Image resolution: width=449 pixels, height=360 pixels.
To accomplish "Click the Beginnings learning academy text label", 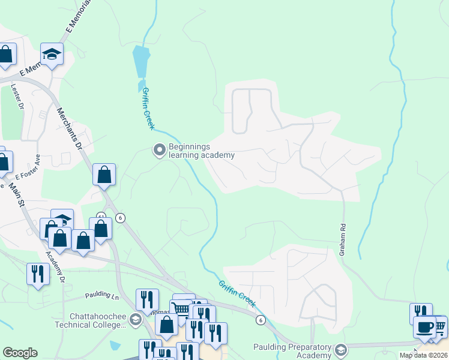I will (x=201, y=151).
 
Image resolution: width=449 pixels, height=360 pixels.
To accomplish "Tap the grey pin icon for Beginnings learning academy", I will (x=159, y=149).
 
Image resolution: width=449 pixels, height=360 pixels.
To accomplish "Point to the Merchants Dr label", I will (x=68, y=127).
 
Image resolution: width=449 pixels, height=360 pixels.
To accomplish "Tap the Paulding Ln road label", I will (x=103, y=295).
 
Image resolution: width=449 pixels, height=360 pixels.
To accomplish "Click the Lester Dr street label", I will (x=17, y=96).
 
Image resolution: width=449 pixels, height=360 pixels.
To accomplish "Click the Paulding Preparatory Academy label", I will (x=292, y=351).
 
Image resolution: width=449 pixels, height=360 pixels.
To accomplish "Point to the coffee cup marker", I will (x=424, y=328).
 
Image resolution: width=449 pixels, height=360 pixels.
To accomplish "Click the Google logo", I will (x=20, y=353).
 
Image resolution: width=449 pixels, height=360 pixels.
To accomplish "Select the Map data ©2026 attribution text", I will (x=423, y=355).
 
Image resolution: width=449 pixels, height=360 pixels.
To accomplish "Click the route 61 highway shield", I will (x=101, y=215).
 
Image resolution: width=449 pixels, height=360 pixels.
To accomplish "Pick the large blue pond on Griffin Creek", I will (x=140, y=61).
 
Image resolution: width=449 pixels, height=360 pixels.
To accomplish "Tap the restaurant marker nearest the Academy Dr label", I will (x=38, y=274).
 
